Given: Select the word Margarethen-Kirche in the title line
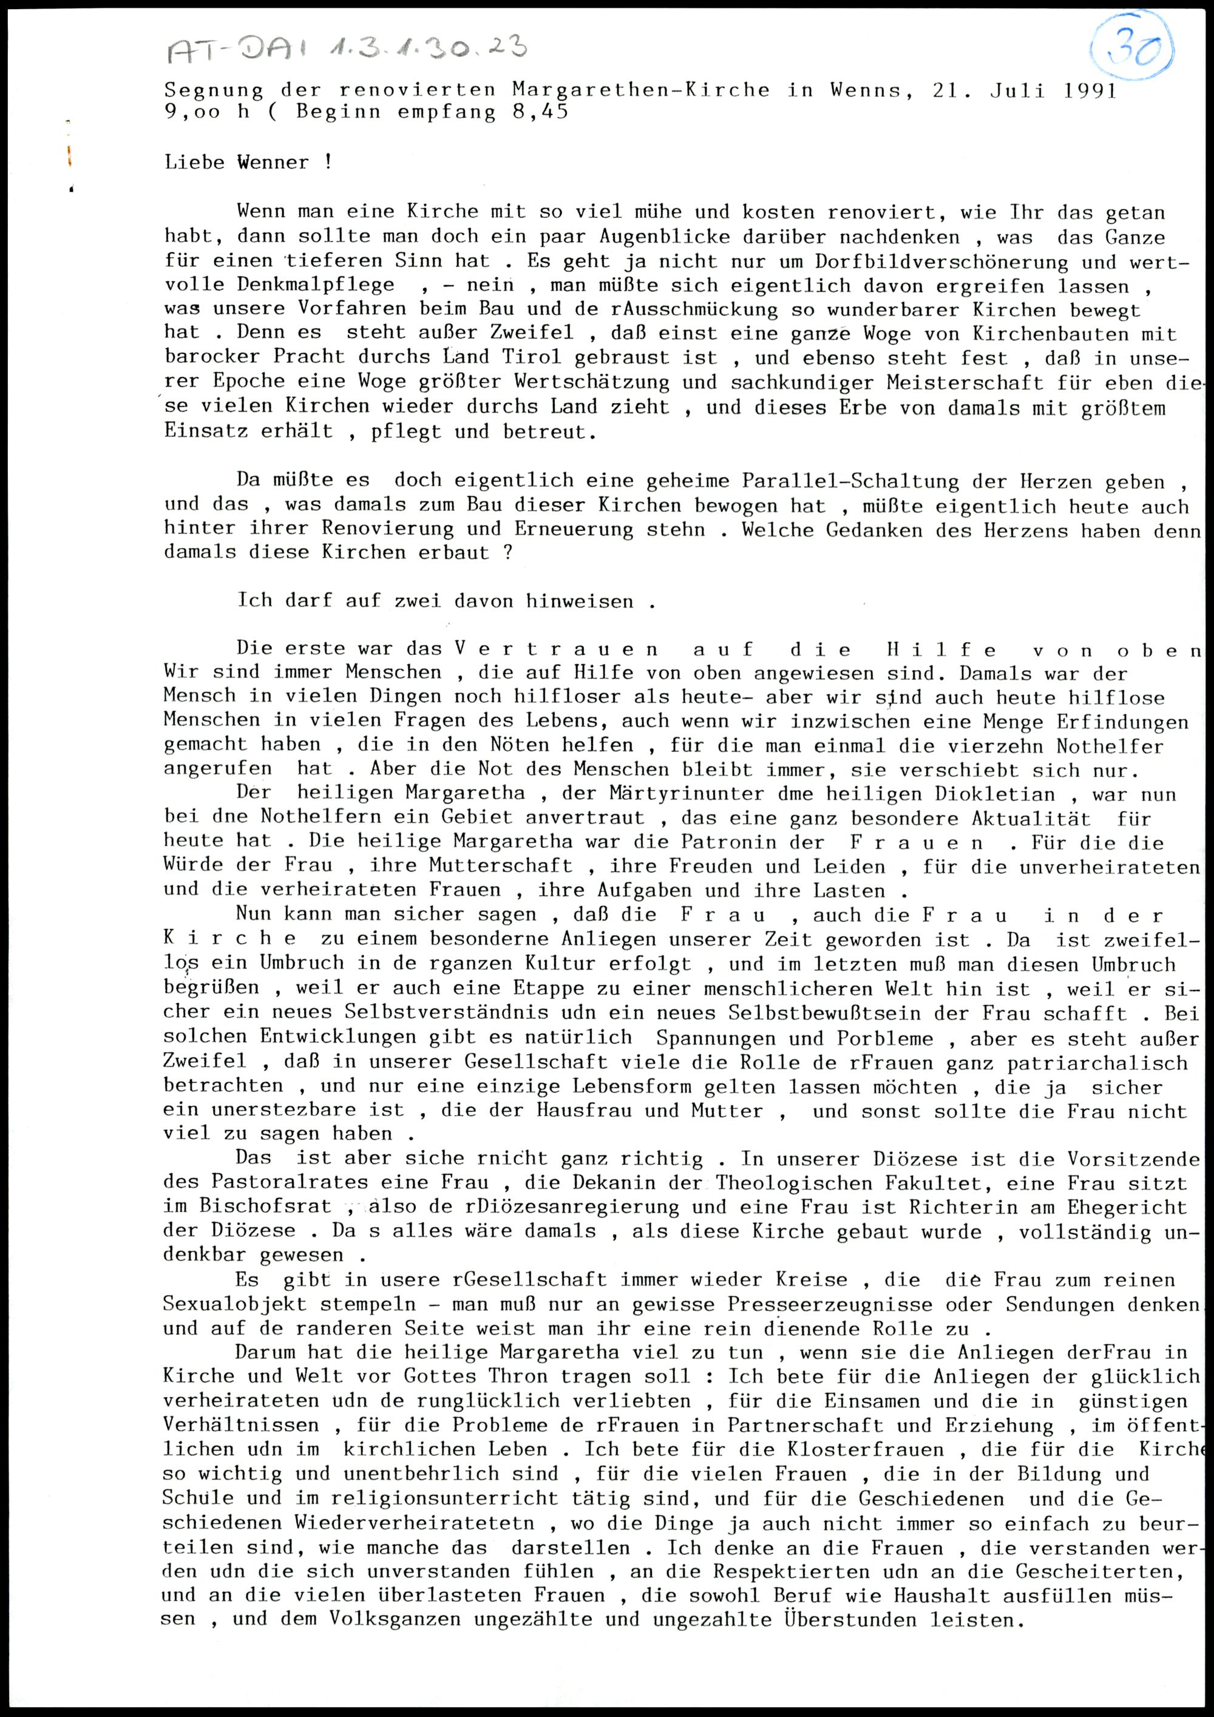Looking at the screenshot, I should tap(640, 90).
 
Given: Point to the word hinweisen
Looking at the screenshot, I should tap(579, 601).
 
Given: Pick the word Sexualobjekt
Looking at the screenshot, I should tap(234, 1304).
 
